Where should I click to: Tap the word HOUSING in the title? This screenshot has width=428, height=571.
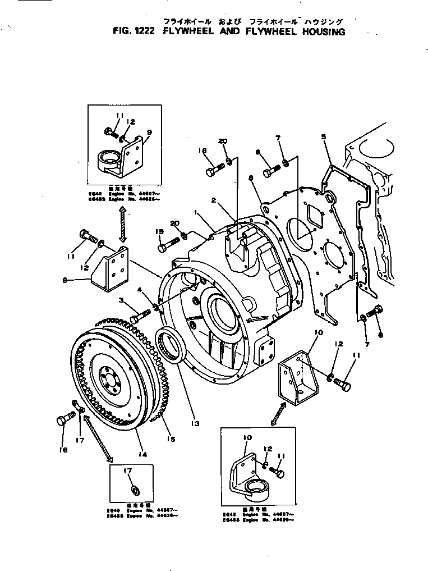click(318, 32)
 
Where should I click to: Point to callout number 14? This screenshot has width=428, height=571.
click(142, 454)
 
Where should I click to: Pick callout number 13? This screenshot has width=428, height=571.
click(195, 423)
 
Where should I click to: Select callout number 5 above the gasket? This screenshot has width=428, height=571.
click(323, 136)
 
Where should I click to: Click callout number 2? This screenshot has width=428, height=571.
click(214, 200)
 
